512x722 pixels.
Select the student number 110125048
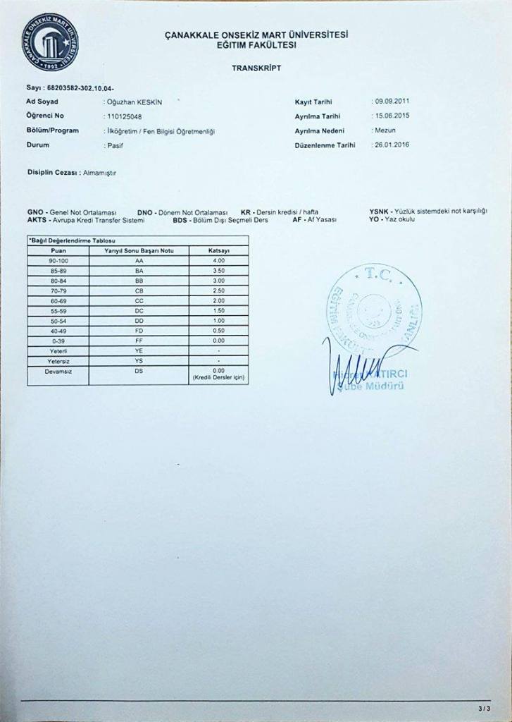[x=123, y=116]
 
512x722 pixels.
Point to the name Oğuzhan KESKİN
[x=132, y=102]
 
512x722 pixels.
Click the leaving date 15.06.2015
[x=392, y=115]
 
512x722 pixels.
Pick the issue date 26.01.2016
[x=392, y=145]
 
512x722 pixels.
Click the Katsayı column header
[x=219, y=250]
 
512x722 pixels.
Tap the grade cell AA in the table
[x=139, y=260]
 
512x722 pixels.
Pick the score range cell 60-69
[x=59, y=300]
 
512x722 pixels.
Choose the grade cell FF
[x=139, y=340]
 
